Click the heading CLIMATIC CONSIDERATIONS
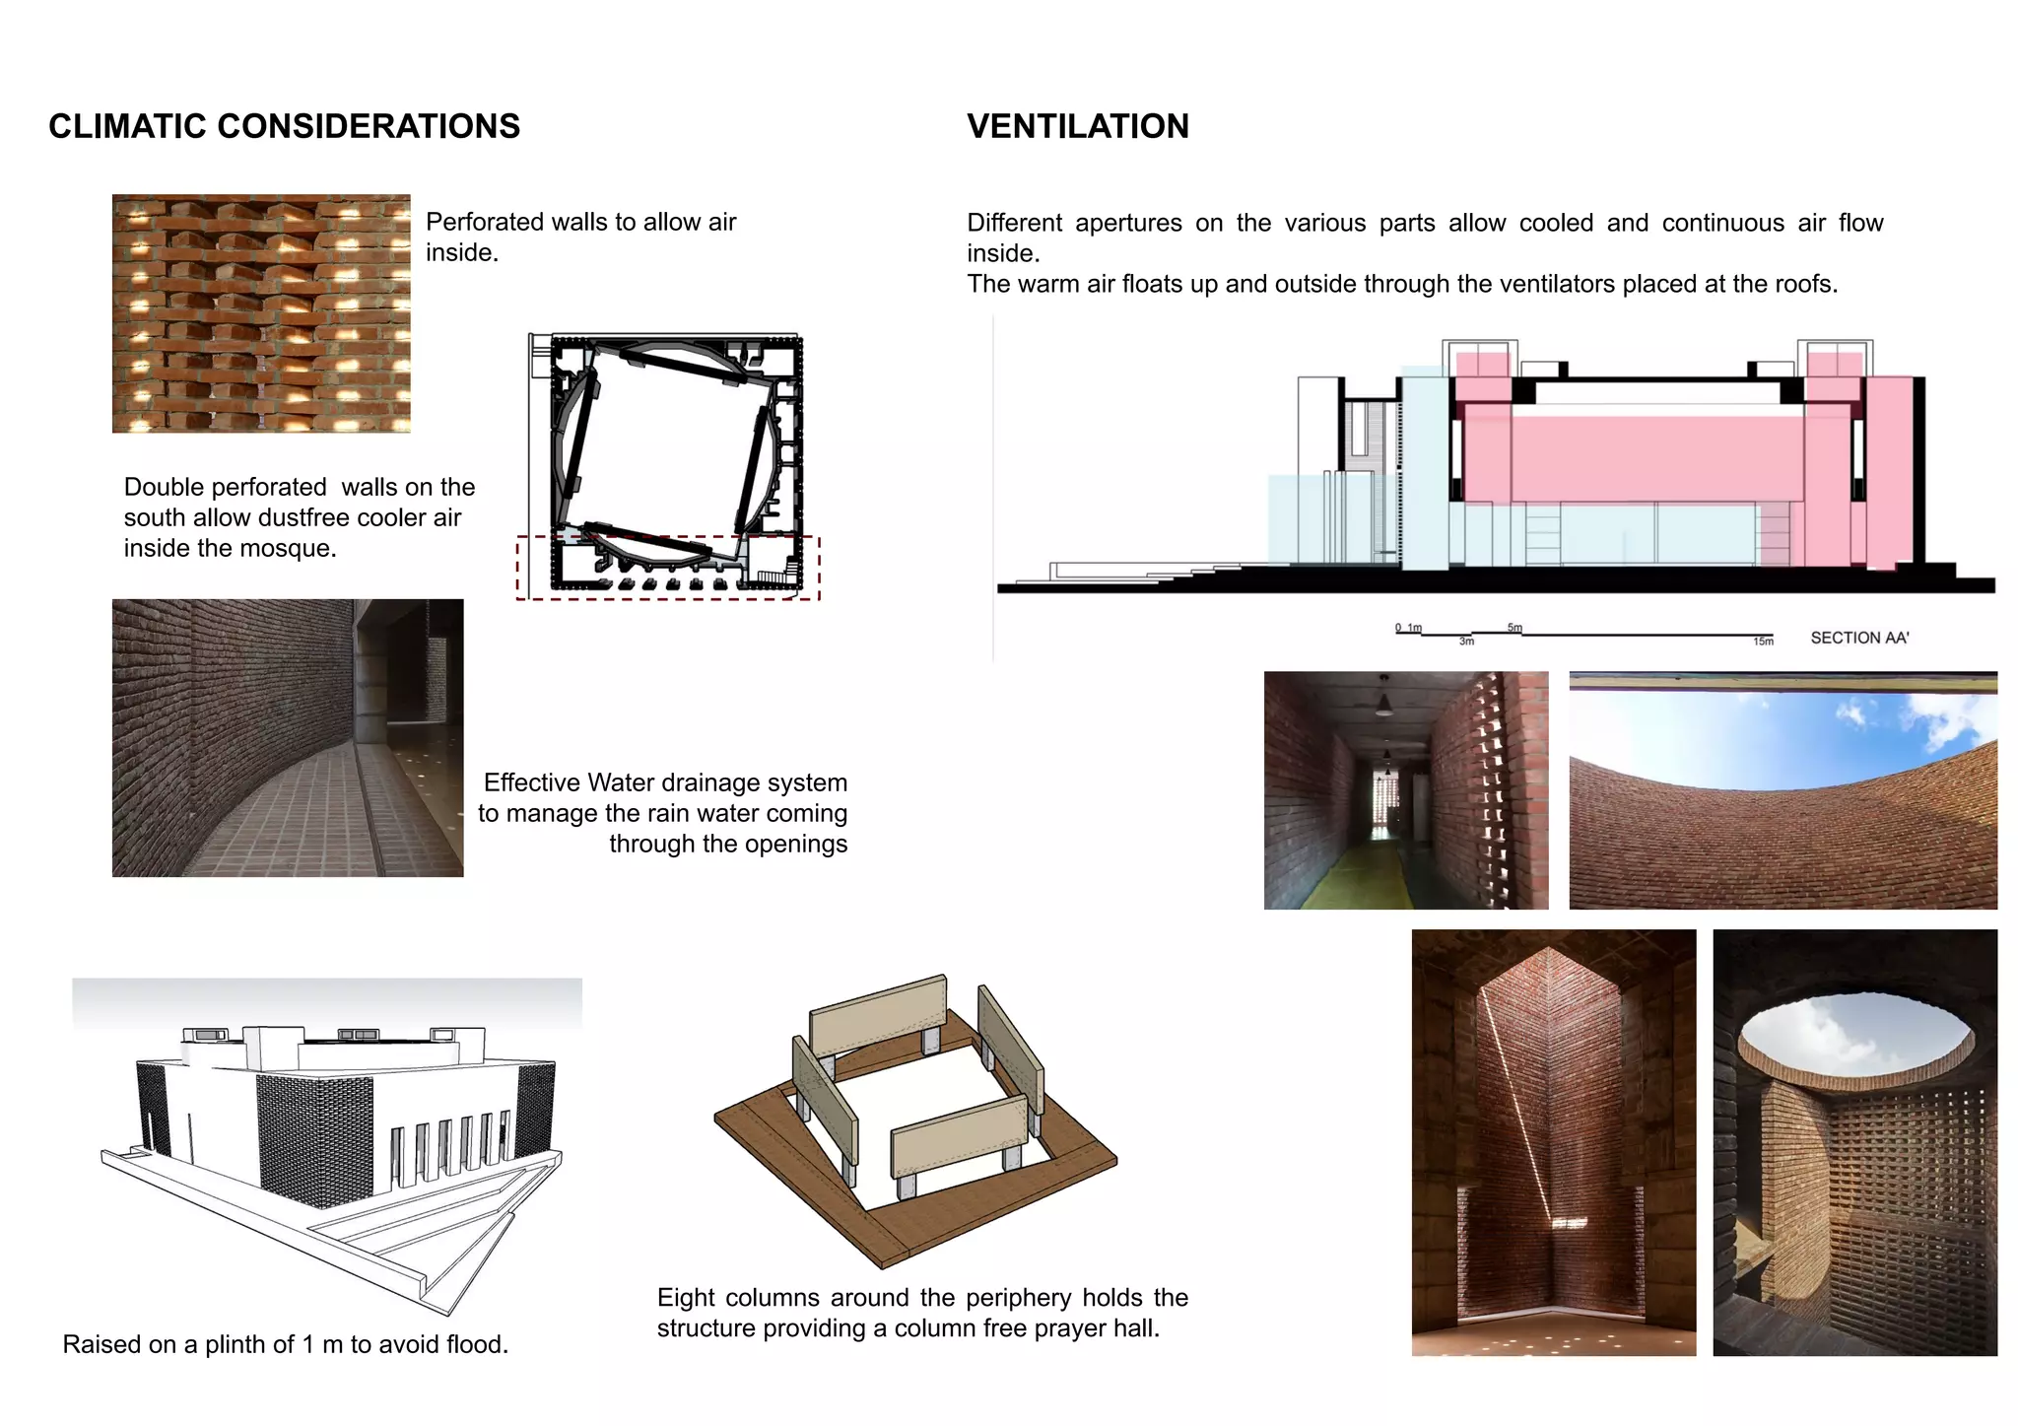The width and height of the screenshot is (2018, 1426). coord(284,126)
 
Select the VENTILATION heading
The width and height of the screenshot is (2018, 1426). coord(1077,126)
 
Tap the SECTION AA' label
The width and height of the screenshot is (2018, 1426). coord(1858,638)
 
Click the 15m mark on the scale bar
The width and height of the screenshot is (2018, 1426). coord(1763,642)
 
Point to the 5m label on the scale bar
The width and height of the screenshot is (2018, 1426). coord(1514,628)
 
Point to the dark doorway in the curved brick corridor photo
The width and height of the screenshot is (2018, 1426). coord(374,680)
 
